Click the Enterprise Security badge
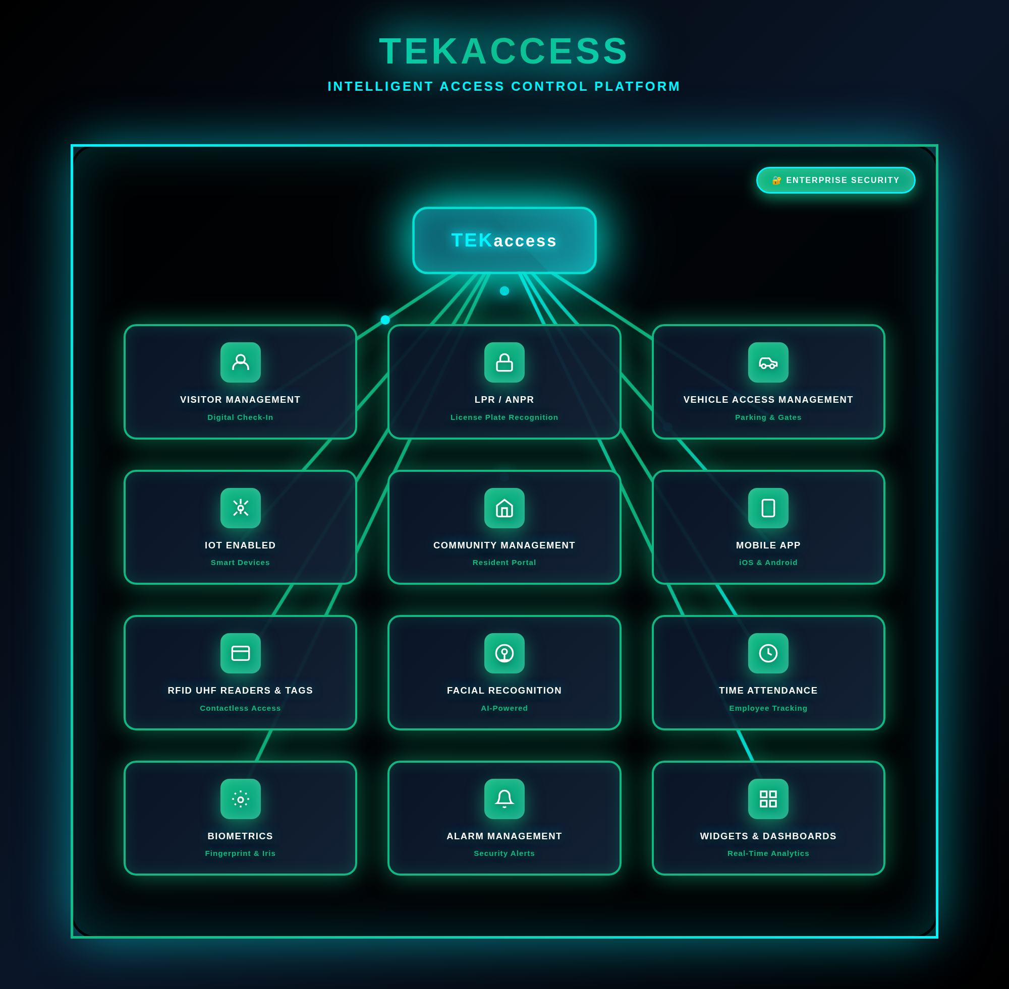point(835,180)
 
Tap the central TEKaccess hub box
point(504,240)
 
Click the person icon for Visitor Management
point(240,362)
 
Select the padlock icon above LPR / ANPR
point(504,362)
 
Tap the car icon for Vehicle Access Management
point(768,362)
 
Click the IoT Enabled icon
point(240,508)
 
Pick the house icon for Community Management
point(504,508)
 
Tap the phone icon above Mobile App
point(768,508)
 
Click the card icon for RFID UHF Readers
point(240,653)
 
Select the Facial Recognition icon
point(504,653)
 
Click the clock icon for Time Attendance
point(768,653)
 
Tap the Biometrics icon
point(240,799)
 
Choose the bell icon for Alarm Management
point(504,799)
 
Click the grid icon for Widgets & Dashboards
point(768,799)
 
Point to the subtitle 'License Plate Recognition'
point(504,417)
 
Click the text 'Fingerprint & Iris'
point(240,853)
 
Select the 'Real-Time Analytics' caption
point(768,853)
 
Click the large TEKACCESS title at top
point(504,51)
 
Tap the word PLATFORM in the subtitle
point(637,86)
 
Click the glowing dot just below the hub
point(504,291)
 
